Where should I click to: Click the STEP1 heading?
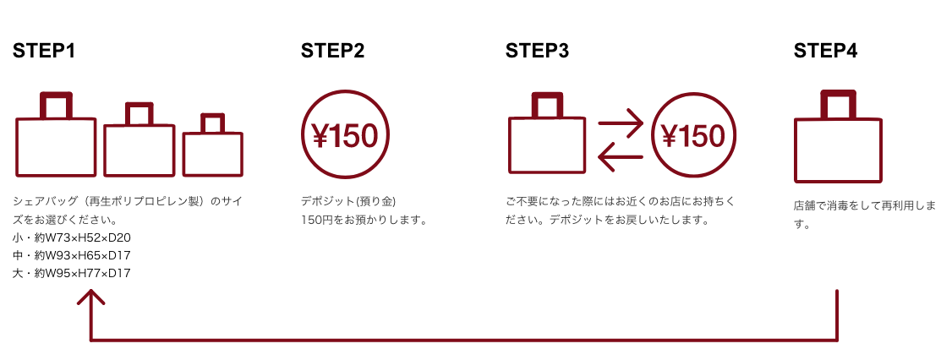pyautogui.click(x=44, y=51)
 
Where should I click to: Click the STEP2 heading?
pyautogui.click(x=332, y=51)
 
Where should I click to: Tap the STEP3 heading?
pyautogui.click(x=537, y=51)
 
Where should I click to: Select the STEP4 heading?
pyautogui.click(x=825, y=51)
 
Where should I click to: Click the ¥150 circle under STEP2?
pyautogui.click(x=346, y=136)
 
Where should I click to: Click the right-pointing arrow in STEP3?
pyautogui.click(x=621, y=123)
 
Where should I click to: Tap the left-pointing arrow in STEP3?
pyautogui.click(x=621, y=155)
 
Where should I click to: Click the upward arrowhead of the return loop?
pyautogui.click(x=90, y=295)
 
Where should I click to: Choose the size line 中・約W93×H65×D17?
pyautogui.click(x=72, y=254)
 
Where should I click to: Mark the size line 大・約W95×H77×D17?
pyautogui.click(x=72, y=273)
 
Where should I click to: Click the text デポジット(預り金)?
pyautogui.click(x=348, y=201)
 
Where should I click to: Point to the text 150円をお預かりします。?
pyautogui.click(x=363, y=220)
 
